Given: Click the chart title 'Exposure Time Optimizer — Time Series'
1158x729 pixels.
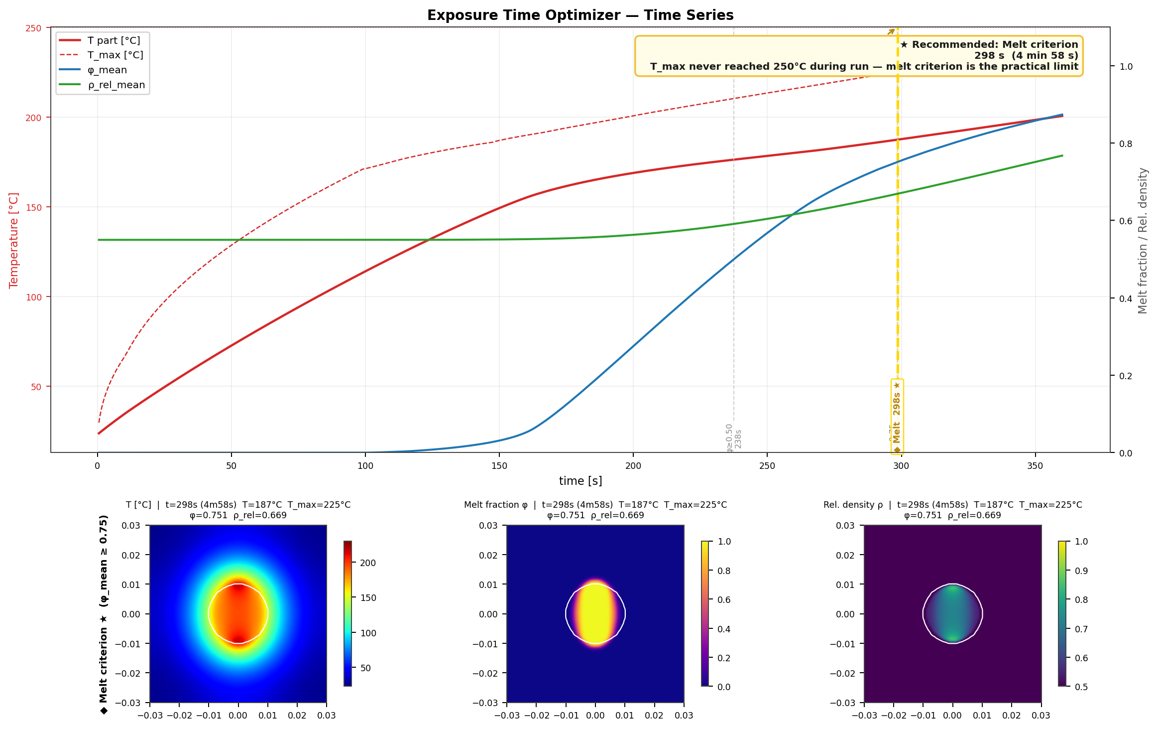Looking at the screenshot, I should coord(580,15).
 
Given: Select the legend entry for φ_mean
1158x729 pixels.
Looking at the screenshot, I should coord(107,70).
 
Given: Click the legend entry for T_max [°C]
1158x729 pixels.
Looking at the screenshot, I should coord(115,55).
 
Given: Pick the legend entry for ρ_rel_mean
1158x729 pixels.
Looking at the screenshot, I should coord(116,85).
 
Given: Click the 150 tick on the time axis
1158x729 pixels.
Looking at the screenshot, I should coord(499,466).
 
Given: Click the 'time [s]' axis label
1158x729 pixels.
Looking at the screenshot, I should coord(580,481).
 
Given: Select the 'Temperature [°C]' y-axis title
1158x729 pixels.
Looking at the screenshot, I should coord(14,240).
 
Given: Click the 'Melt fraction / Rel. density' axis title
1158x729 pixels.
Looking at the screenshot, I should coord(1143,240).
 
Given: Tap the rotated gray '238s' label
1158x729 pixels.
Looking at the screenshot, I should coord(738,438).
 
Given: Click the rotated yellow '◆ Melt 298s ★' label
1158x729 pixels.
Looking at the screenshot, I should coord(897,417).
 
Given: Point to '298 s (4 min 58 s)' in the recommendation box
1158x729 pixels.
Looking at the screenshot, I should coord(1026,56).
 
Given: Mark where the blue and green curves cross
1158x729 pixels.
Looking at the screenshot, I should coord(793,215).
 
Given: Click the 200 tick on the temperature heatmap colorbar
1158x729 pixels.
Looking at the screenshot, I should coord(368,563).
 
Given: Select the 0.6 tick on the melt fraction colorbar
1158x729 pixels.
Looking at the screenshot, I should coord(724,600).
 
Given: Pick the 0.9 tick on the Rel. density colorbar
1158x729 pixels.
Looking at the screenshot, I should coord(1081,571).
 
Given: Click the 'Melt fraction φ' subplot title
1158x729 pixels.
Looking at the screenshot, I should coord(496,505).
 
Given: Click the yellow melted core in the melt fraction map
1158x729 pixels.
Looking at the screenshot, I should coord(595,614).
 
